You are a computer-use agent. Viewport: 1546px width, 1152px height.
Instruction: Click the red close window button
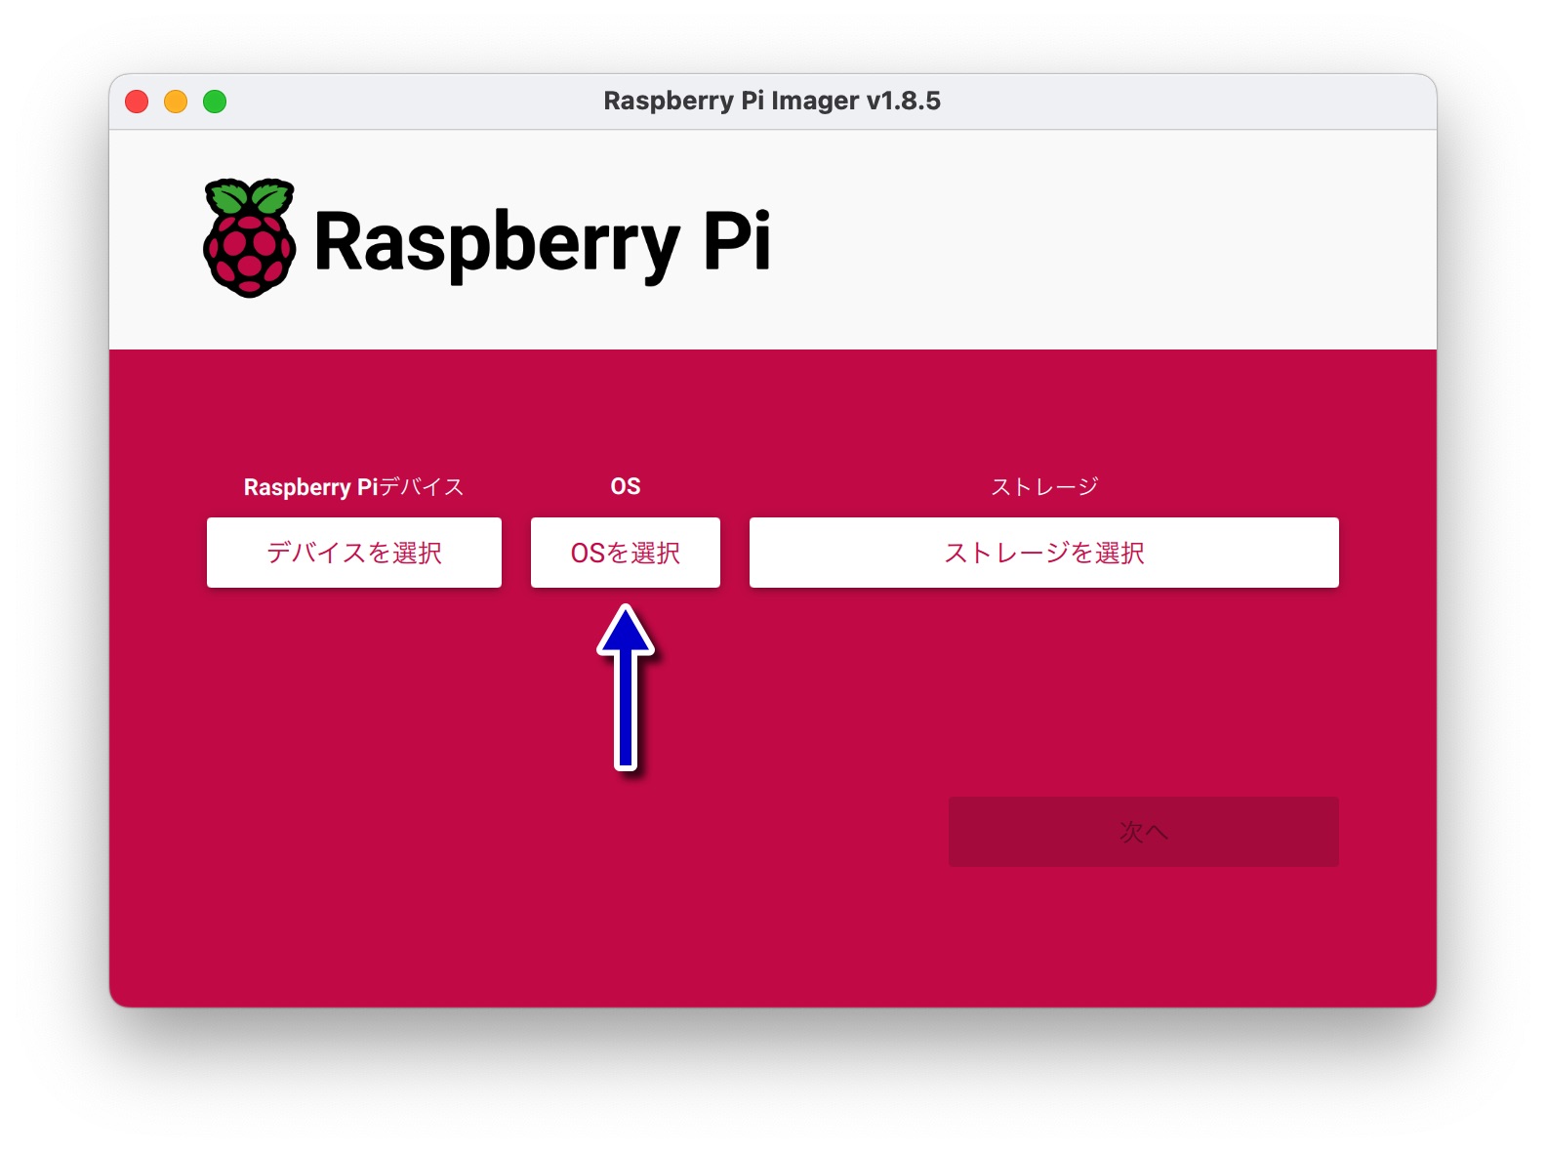[x=137, y=102]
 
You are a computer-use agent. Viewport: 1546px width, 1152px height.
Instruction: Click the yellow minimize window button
[x=176, y=102]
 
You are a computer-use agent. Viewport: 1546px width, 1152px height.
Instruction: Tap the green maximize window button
[x=215, y=102]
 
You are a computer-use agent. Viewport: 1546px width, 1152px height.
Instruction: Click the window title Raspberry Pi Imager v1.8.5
[x=772, y=102]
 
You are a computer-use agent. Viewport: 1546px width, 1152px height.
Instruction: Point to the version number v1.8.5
[x=904, y=102]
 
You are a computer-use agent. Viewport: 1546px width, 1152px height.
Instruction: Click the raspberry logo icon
[x=249, y=238]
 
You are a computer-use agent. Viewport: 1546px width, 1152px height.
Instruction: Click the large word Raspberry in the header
[x=497, y=244]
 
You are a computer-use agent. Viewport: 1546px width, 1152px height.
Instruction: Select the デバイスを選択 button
[x=354, y=553]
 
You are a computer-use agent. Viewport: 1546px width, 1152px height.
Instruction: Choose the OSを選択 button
[x=626, y=553]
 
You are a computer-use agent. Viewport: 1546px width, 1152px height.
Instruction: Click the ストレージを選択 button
[x=1043, y=553]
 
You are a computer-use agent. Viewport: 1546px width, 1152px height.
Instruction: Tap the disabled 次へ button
[x=1143, y=831]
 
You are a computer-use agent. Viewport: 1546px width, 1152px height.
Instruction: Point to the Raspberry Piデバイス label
[x=353, y=487]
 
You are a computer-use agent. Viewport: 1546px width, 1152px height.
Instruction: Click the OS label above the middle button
[x=626, y=486]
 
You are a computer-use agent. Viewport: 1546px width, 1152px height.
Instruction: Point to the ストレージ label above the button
[x=1044, y=486]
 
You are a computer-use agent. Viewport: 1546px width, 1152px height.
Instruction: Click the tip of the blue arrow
[x=626, y=605]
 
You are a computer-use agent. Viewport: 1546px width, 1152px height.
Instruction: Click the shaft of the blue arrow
[x=626, y=712]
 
